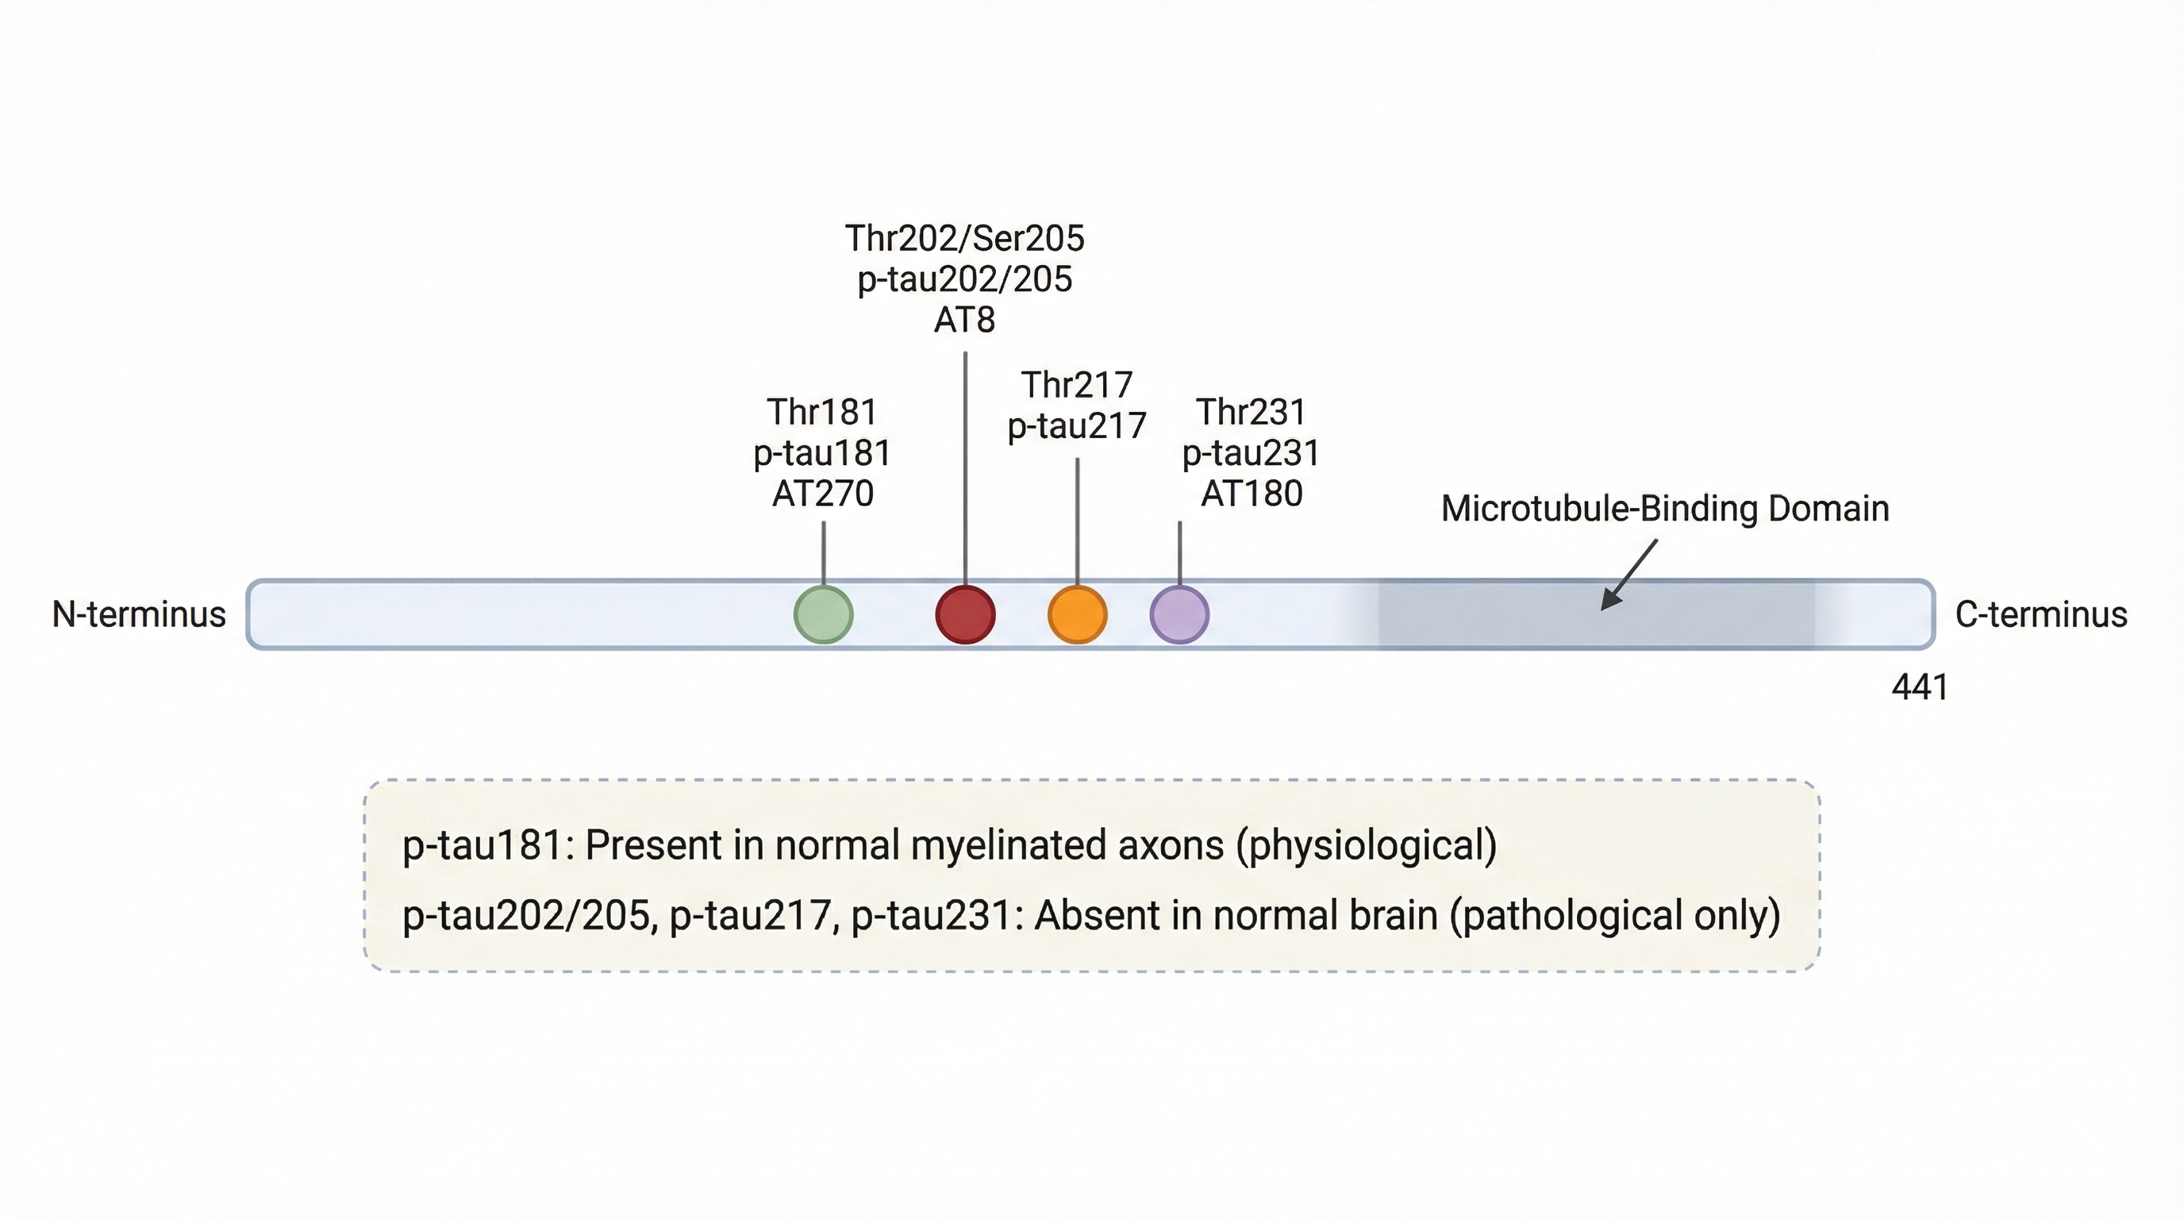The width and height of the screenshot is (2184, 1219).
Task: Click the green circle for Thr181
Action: (x=822, y=614)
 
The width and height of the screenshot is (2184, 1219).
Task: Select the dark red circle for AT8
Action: (x=965, y=614)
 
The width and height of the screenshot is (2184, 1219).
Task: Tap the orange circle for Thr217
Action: (x=1077, y=614)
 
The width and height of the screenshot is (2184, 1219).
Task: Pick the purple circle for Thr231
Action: (x=1179, y=614)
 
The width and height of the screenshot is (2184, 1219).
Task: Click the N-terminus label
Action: (x=139, y=614)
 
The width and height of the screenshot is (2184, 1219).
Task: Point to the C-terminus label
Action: (x=2040, y=614)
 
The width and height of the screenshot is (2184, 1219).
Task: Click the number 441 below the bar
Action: (x=1920, y=687)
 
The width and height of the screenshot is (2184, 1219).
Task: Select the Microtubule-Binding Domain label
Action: (x=1664, y=509)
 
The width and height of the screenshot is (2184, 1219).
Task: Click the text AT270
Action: (x=822, y=494)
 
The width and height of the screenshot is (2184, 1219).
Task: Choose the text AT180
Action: (x=1252, y=494)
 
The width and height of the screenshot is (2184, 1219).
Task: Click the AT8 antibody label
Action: (x=964, y=321)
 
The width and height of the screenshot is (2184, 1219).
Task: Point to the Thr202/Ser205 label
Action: (x=964, y=239)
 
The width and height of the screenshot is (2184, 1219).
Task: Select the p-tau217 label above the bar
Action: (x=1077, y=425)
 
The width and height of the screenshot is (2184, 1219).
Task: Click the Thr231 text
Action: (x=1252, y=413)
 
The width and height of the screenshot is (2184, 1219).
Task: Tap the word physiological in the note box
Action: (x=1366, y=846)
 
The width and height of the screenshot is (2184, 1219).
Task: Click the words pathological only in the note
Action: (x=1614, y=916)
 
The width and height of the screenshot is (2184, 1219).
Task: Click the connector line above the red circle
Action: (x=965, y=466)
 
